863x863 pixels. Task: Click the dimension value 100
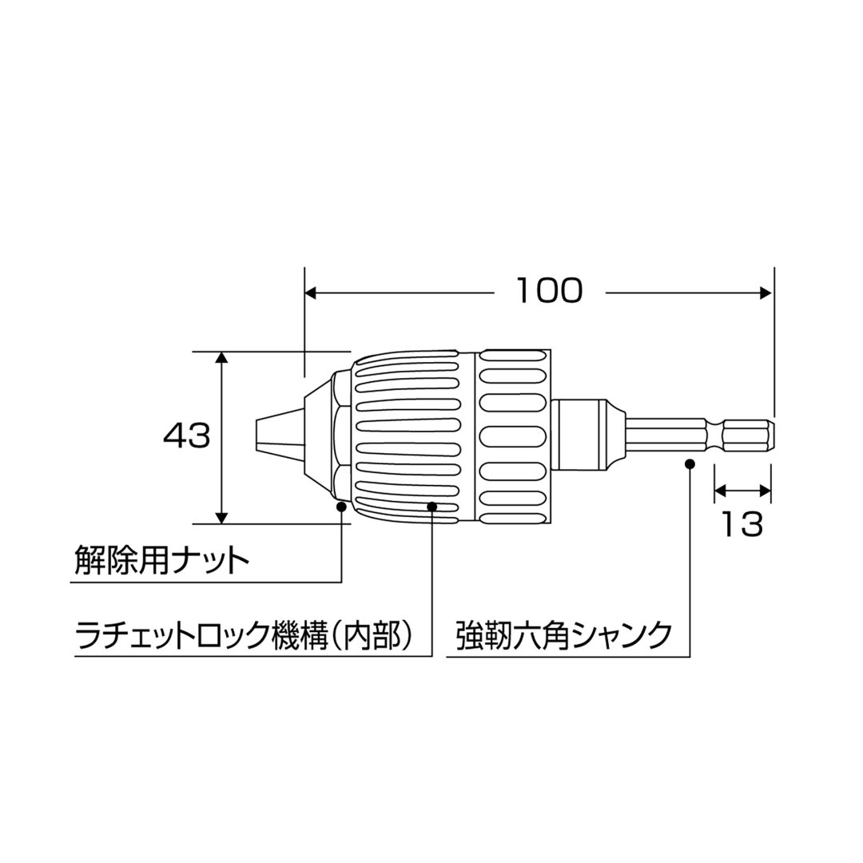pyautogui.click(x=549, y=291)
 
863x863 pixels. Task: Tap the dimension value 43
pyautogui.click(x=186, y=436)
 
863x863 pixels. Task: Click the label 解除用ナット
pyautogui.click(x=161, y=560)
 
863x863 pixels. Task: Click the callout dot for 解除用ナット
pyautogui.click(x=341, y=506)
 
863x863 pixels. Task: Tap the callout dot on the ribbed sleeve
pyautogui.click(x=432, y=506)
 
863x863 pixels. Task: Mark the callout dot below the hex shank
pyautogui.click(x=690, y=463)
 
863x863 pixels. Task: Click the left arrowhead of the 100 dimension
pyautogui.click(x=312, y=292)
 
